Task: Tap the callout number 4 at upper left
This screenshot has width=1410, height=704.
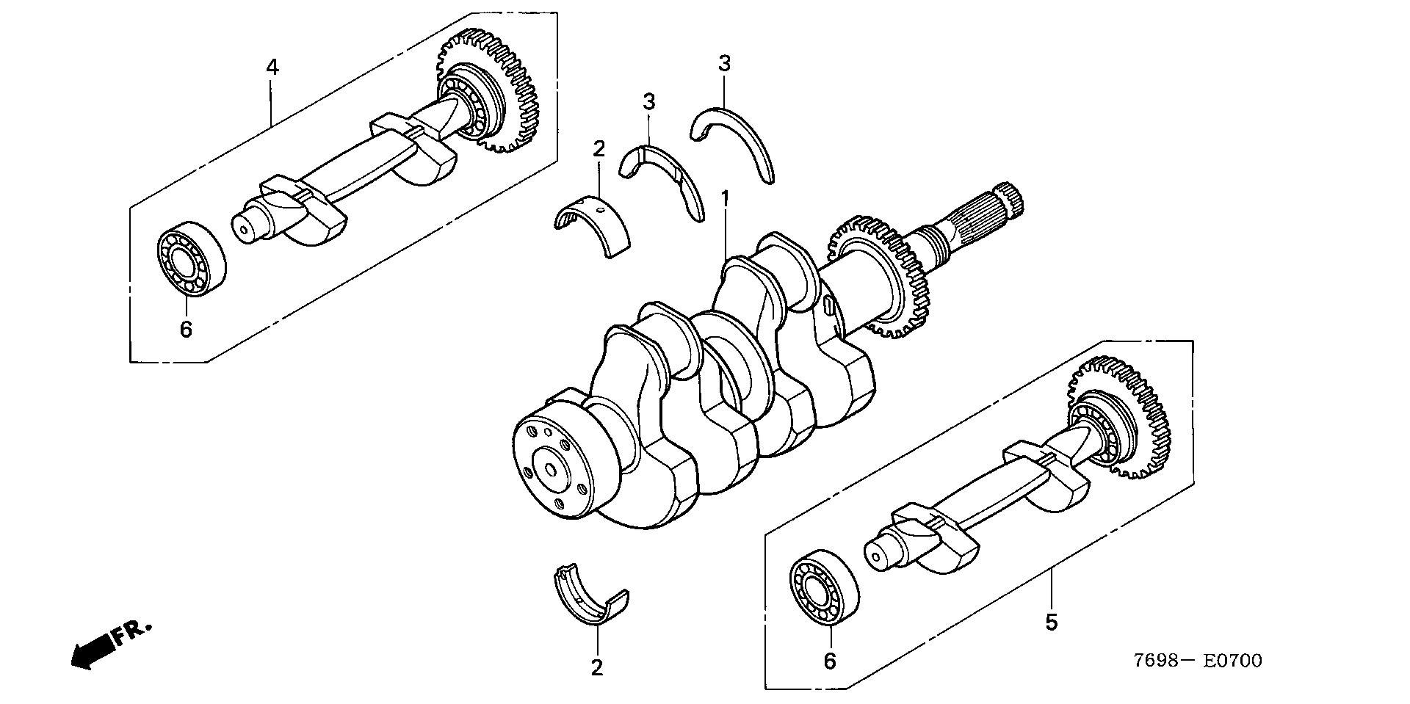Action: click(272, 68)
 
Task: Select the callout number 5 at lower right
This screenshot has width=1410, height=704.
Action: click(1052, 623)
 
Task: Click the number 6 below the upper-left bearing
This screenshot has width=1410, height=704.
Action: click(186, 328)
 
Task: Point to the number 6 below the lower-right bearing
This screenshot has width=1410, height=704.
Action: click(829, 661)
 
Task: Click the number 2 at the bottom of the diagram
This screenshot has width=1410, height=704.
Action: click(597, 667)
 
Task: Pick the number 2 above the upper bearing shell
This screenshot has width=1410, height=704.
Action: click(599, 149)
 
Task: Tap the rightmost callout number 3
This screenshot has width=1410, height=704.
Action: click(725, 64)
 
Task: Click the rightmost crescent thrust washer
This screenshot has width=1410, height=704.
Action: click(734, 139)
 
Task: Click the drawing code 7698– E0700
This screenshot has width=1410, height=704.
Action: click(1197, 661)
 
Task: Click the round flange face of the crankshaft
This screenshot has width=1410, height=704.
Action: click(551, 466)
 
